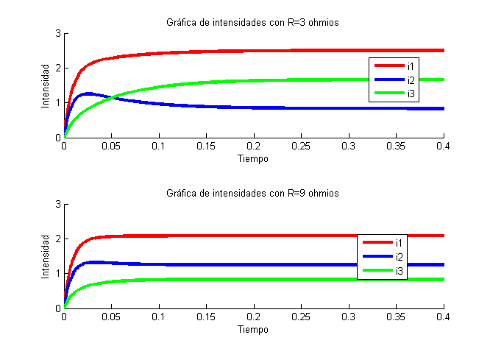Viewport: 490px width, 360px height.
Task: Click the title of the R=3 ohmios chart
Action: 253,23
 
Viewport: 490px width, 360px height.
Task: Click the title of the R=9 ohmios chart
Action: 253,194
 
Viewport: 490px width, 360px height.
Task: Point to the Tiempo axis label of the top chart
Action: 253,158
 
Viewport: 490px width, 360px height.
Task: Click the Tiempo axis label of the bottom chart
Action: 253,329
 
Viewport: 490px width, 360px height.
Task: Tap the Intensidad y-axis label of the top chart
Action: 46,85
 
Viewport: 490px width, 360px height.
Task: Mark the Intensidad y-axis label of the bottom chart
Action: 46,256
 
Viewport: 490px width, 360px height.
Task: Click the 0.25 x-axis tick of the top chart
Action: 301,147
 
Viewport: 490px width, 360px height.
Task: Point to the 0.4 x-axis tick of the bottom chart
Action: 443,317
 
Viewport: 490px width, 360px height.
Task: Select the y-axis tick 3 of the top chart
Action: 57,34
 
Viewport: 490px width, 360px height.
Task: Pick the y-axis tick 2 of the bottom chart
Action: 57,239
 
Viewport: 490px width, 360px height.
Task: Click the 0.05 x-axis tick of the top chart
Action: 111,147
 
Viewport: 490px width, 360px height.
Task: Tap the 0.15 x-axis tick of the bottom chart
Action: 206,317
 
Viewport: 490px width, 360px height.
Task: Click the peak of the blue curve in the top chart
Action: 89,93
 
